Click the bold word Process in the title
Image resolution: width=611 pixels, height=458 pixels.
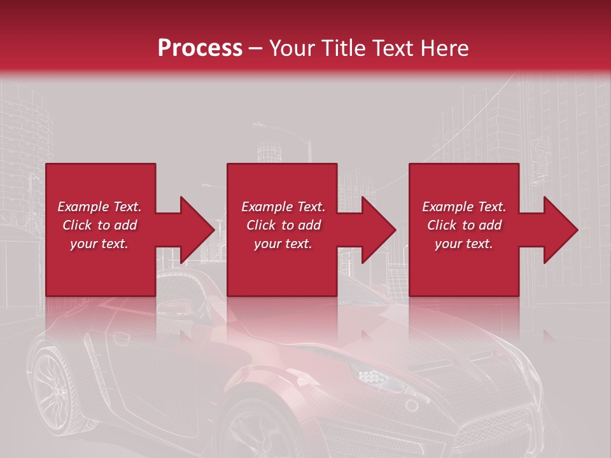pyautogui.click(x=200, y=48)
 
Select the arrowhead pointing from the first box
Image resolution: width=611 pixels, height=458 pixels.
pyautogui.click(x=191, y=230)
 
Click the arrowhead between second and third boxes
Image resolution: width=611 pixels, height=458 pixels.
pyautogui.click(x=372, y=230)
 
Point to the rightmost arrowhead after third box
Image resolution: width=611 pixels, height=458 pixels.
pyautogui.click(x=554, y=230)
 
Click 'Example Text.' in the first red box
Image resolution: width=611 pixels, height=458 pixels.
pyautogui.click(x=99, y=207)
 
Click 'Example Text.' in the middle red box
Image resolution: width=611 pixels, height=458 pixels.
pyautogui.click(x=283, y=207)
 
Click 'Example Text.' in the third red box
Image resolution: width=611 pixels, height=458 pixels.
pyautogui.click(x=464, y=207)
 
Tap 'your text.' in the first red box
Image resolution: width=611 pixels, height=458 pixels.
pyautogui.click(x=99, y=244)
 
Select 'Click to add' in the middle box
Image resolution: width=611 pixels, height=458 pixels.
pyautogui.click(x=283, y=225)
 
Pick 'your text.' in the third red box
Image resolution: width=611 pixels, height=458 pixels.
pyautogui.click(x=464, y=244)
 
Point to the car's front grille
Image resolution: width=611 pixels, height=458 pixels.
pyautogui.click(x=509, y=426)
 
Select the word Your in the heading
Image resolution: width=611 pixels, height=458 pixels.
pyautogui.click(x=291, y=48)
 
